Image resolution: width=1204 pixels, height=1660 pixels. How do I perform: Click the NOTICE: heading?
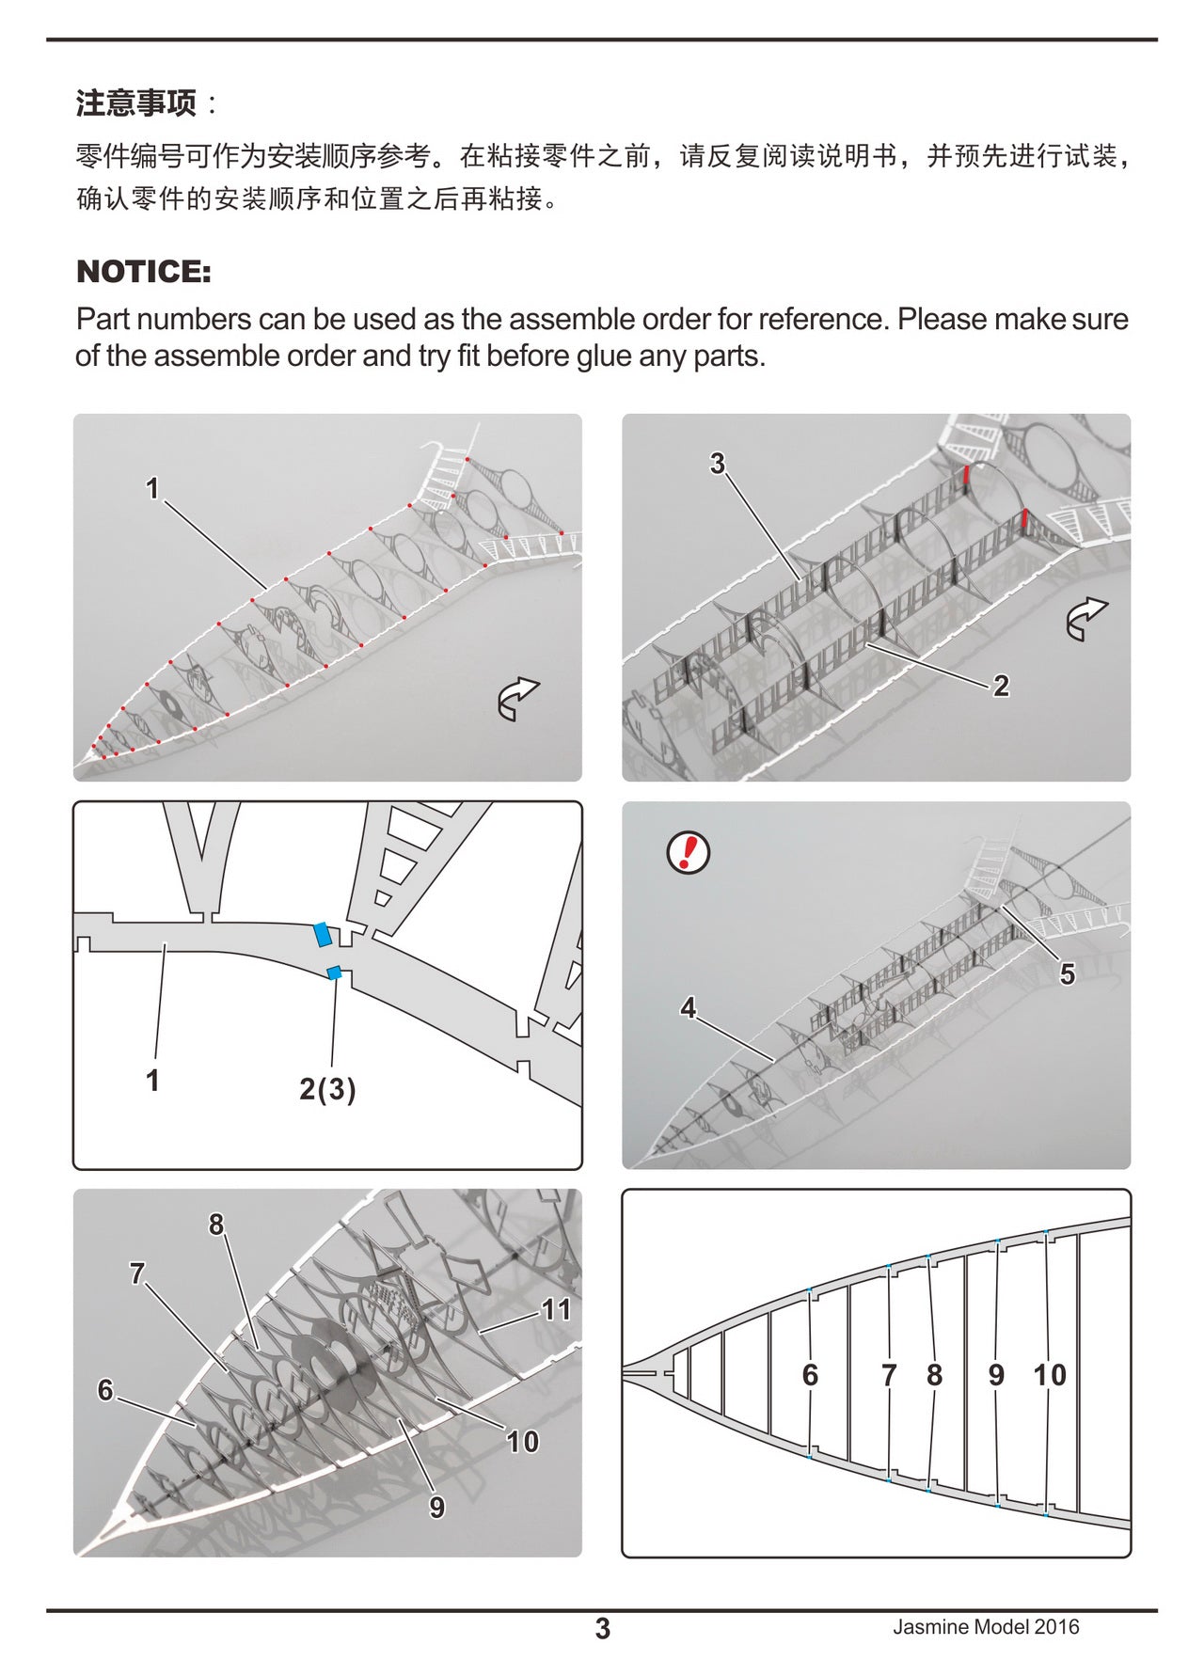click(x=143, y=272)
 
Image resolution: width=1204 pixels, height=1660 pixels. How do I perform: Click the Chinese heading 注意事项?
click(x=136, y=103)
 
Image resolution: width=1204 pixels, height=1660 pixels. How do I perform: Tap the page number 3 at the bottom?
click(x=603, y=1628)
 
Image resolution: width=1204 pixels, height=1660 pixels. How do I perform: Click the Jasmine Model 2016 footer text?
click(x=986, y=1627)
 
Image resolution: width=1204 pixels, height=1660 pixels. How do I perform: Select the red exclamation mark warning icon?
click(x=689, y=852)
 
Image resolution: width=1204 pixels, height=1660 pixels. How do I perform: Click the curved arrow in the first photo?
click(x=517, y=699)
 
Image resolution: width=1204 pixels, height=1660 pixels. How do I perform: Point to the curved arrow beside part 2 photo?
click(x=1086, y=619)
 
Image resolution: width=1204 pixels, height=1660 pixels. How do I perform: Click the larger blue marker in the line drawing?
click(x=322, y=934)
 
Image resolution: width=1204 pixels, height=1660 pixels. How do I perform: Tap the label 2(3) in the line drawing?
click(x=327, y=1089)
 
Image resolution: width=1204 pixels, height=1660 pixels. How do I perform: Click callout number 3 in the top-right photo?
click(x=718, y=463)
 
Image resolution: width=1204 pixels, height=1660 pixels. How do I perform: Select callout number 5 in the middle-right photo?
click(x=1067, y=973)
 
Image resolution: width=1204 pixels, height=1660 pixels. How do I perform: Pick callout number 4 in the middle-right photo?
click(x=689, y=1008)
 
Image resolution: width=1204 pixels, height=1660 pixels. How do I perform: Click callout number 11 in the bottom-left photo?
click(x=556, y=1309)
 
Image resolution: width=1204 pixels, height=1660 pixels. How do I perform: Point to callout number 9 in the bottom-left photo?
click(x=437, y=1507)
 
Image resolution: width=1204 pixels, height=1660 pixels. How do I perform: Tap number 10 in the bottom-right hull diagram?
click(x=1050, y=1375)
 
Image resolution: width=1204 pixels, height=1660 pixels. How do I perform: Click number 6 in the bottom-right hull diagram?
click(x=810, y=1375)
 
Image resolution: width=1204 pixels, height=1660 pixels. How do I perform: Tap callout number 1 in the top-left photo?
click(x=152, y=488)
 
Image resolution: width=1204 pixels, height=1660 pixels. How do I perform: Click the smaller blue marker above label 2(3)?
click(x=333, y=972)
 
